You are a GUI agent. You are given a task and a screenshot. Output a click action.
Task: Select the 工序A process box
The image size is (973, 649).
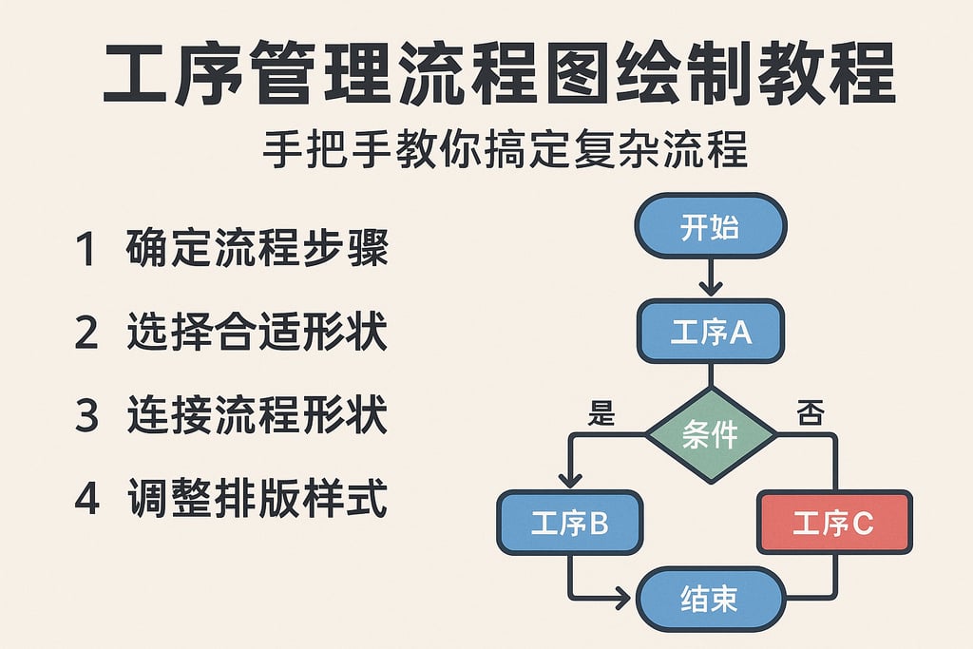[x=710, y=332]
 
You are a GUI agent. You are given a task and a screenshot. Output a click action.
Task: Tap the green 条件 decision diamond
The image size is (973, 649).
[x=710, y=435]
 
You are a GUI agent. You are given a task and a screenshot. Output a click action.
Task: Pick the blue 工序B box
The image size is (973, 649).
[x=569, y=523]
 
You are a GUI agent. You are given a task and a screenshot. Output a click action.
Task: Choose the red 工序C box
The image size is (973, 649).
[x=833, y=523]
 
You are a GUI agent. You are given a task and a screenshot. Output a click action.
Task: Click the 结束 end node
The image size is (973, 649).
[x=710, y=598]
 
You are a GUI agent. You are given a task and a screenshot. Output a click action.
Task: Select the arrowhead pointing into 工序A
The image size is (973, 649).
[x=710, y=288]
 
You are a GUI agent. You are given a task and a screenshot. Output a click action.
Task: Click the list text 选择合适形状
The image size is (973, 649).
[x=257, y=334]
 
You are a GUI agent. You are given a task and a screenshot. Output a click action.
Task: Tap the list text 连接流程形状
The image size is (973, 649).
[x=257, y=417]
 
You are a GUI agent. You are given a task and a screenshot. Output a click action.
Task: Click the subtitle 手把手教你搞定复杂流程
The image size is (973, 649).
[x=505, y=151]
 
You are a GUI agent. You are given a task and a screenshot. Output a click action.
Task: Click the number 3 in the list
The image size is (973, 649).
[x=86, y=417]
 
